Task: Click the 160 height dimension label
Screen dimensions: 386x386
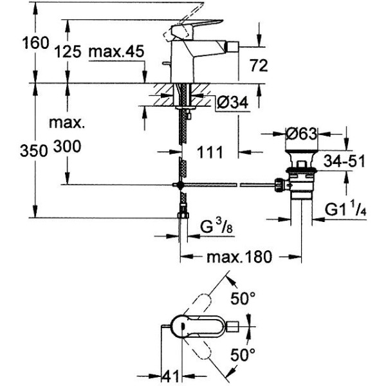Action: pos(35,42)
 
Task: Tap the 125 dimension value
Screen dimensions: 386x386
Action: pos(68,51)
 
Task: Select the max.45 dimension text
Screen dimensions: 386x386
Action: pos(116,51)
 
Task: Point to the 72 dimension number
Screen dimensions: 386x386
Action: pos(259,66)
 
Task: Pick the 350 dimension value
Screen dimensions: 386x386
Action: pos(33,151)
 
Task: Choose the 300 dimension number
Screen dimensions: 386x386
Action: pos(67,146)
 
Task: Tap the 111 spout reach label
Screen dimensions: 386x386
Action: pos(210,152)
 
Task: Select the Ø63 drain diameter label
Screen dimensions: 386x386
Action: pos(302,134)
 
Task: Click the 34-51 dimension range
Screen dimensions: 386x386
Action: pos(344,161)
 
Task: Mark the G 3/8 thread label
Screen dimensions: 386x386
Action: pos(216,226)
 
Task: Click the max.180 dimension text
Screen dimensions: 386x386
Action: pos(239,257)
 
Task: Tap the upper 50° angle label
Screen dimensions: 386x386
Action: pos(243,298)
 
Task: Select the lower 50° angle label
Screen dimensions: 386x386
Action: pos(243,355)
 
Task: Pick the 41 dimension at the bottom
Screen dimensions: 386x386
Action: pos(170,376)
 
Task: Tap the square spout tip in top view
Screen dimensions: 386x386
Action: pos(233,327)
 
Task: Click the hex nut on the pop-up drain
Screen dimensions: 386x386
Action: pos(279,185)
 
